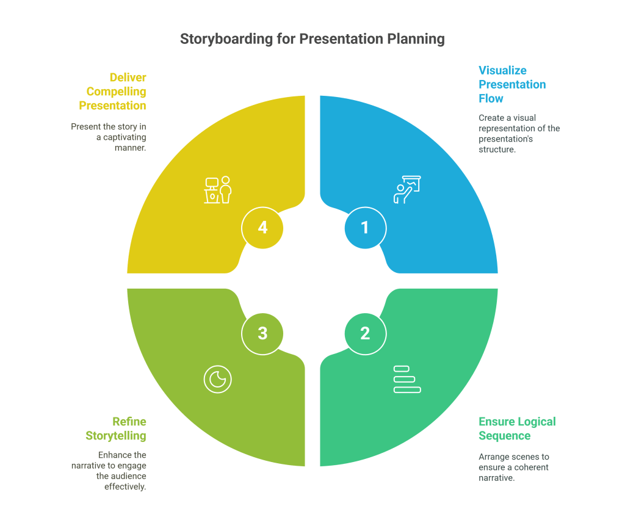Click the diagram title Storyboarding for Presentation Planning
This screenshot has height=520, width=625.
coord(312,39)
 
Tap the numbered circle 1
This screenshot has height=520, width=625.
coord(365,228)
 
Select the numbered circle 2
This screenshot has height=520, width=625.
coord(365,333)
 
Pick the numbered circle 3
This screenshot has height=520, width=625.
coord(262,333)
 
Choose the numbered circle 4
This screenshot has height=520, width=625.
coord(262,228)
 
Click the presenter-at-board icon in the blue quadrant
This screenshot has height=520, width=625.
coord(407,190)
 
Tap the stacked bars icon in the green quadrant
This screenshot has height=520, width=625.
coord(407,379)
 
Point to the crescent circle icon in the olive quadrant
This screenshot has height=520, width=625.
coord(218,380)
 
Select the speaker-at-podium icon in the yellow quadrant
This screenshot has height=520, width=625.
coord(218,190)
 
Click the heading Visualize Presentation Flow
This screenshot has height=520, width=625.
coord(511,84)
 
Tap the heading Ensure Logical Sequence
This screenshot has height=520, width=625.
coord(517,428)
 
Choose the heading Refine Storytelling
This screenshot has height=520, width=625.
coord(116,428)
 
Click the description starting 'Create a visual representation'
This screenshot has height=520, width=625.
coord(519,133)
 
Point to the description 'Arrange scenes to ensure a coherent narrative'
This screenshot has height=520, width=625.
coord(514,467)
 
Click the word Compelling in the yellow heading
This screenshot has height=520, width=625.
coord(116,92)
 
